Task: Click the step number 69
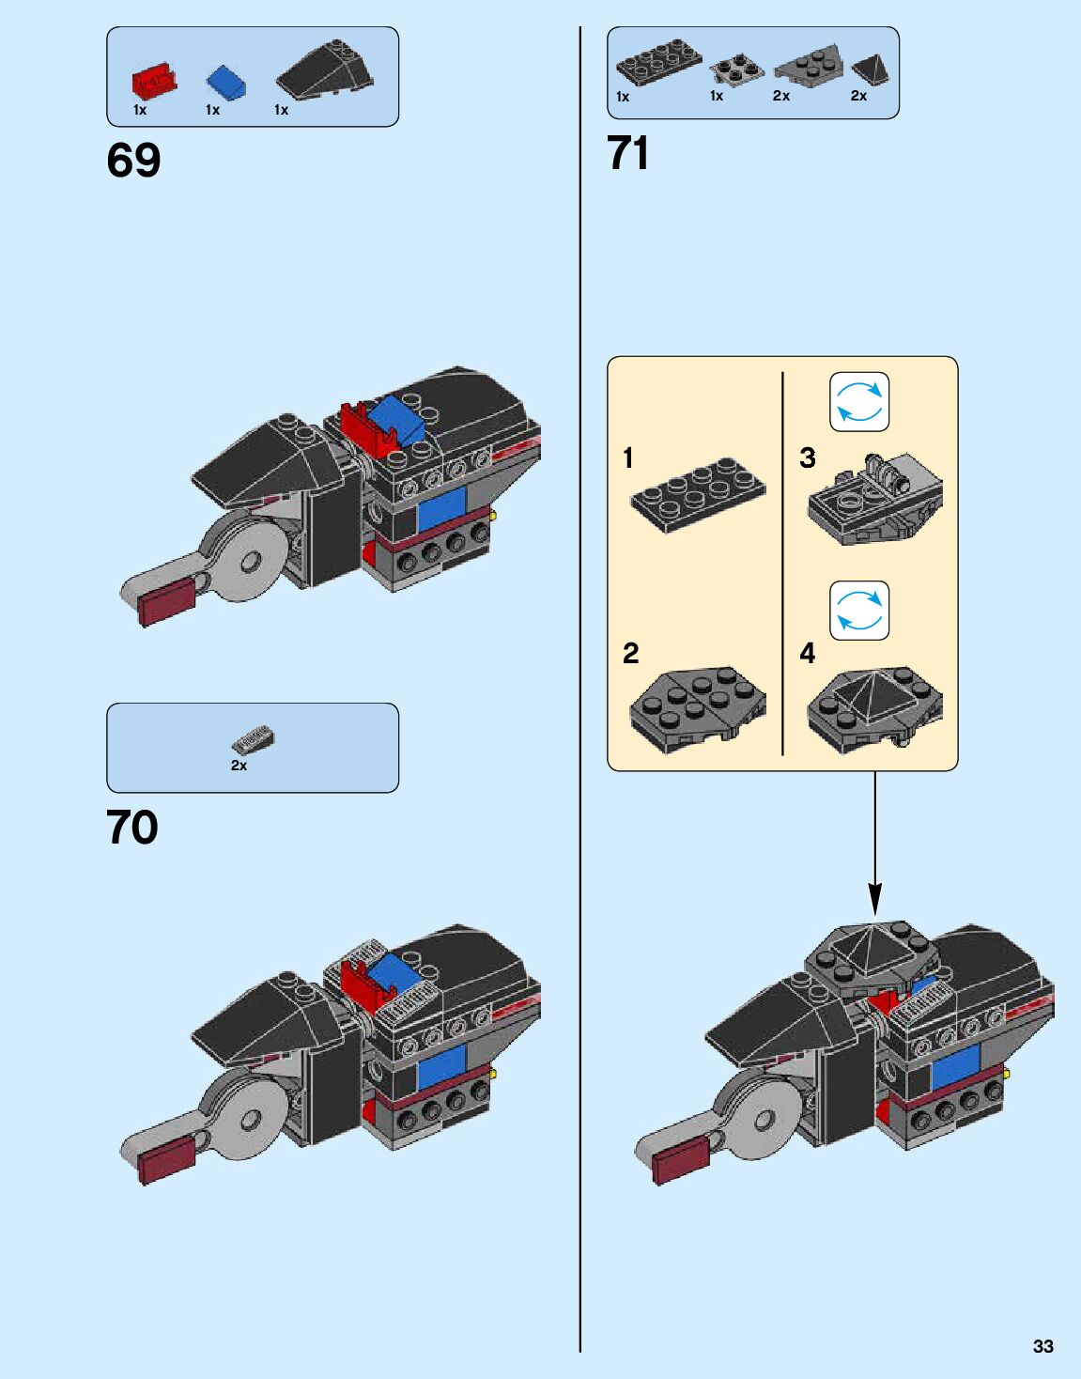pos(133,160)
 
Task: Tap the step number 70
pos(132,828)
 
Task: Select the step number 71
pos(628,153)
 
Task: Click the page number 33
pos(1042,1346)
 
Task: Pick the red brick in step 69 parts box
pos(155,82)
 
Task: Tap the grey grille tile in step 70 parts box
pos(253,742)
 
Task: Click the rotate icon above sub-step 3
pos(858,402)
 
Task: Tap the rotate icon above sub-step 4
pos(858,611)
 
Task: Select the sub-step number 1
pos(628,458)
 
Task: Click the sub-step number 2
pos(630,653)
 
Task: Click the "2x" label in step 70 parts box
pos(239,766)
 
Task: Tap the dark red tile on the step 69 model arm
pos(165,602)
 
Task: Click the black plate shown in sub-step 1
pos(698,493)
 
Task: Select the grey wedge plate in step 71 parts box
pos(808,66)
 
